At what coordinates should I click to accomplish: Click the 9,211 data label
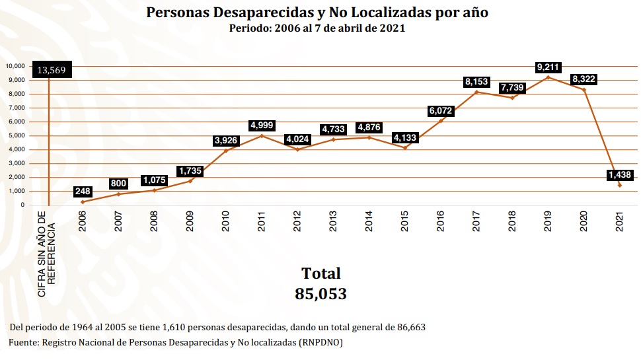[x=548, y=67]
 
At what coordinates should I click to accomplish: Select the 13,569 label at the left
[x=52, y=71]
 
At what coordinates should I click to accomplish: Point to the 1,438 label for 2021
[x=620, y=175]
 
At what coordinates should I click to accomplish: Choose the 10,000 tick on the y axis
[x=15, y=66]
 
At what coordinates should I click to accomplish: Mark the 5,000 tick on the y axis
[x=17, y=135]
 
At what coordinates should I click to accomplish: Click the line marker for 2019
[x=548, y=77]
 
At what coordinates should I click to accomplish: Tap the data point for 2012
[x=297, y=149]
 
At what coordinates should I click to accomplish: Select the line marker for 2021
[x=620, y=185]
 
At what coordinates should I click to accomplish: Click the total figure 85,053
[x=320, y=294]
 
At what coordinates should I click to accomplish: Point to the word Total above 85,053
[x=320, y=273]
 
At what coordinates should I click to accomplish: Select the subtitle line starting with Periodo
[x=317, y=28]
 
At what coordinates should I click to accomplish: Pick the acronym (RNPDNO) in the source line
[x=320, y=343]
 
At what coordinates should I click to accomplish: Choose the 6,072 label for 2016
[x=441, y=110]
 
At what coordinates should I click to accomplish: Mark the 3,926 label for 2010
[x=226, y=140]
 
